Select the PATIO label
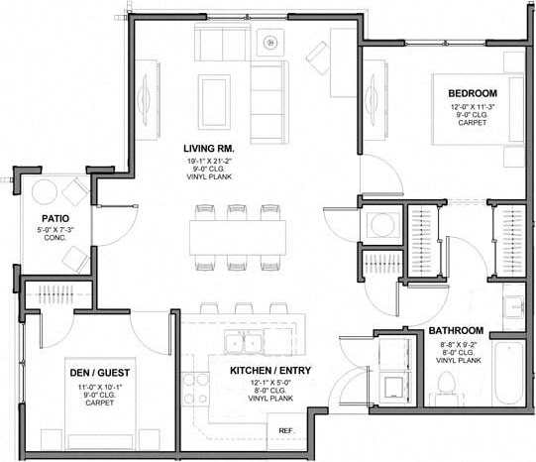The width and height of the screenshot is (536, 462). (x=54, y=219)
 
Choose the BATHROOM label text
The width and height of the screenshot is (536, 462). (x=456, y=330)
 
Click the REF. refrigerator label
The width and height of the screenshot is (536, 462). (x=285, y=430)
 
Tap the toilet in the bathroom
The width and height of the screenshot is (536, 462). (x=445, y=385)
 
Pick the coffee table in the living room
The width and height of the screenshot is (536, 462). (x=214, y=99)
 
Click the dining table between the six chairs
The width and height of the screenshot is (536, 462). (x=238, y=236)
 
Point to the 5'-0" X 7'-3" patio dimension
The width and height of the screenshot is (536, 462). (x=54, y=230)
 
